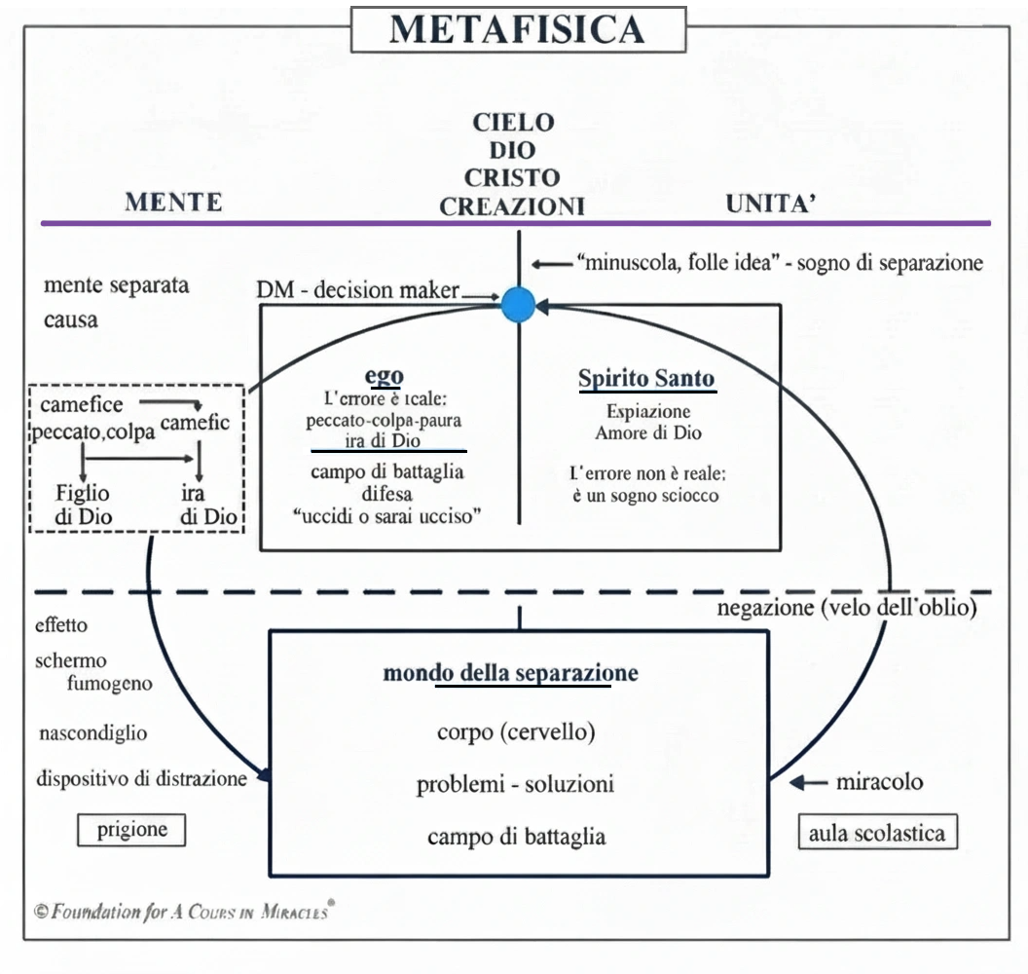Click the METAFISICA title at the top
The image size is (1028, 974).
coord(518,29)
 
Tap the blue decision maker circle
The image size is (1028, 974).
coord(519,305)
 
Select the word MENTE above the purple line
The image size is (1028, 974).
coord(173,202)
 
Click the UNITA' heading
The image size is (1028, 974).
coord(770,204)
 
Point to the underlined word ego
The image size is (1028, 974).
coord(384,376)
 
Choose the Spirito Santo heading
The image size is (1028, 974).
coord(646,379)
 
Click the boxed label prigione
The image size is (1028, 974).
coord(131,830)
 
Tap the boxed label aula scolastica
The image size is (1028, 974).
coord(877,834)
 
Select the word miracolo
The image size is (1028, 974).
coord(879,781)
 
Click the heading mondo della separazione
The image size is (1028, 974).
coord(510,673)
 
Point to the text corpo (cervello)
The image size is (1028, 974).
coord(516,730)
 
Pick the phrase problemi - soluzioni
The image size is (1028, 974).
coord(515,784)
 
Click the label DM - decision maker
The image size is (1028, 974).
coord(357,290)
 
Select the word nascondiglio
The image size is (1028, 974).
coord(93,732)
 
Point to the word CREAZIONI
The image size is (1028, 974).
coord(512,206)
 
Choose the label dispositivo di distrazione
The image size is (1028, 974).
coord(142,778)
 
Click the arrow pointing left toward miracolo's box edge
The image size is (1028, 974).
coord(807,782)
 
